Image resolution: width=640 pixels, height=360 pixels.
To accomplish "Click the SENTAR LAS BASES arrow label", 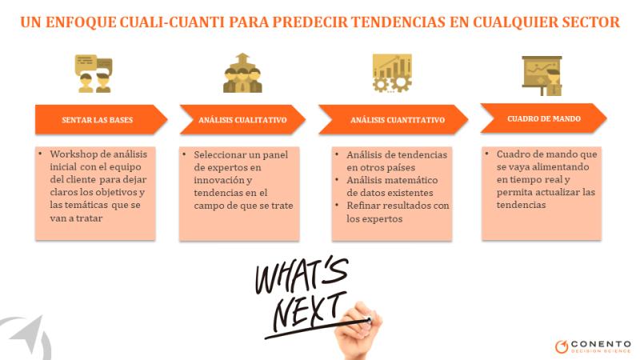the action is pos(97,119).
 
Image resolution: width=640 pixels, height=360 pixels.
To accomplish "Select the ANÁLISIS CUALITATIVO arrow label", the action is pos(242,119).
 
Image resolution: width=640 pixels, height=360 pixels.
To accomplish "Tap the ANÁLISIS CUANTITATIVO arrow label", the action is pos(397,119).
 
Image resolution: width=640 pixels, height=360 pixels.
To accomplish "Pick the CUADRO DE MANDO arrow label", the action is pos(544,118).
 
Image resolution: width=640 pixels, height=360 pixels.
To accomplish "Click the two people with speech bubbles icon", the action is pos(94,74).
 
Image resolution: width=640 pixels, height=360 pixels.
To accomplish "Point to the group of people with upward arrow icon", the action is pos(242,73).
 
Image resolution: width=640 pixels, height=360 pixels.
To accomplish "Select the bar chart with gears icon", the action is pos(392,73).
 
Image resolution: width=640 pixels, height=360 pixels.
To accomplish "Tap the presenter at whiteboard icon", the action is pos(542,76).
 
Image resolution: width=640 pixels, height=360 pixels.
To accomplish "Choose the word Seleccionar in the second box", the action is pos(221,154).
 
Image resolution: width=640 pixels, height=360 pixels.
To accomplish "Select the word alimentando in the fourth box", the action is pos(564,167).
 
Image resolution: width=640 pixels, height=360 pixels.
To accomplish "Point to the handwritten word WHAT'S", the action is pos(302,274).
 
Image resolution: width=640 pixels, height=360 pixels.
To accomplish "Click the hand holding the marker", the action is pos(358,330).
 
